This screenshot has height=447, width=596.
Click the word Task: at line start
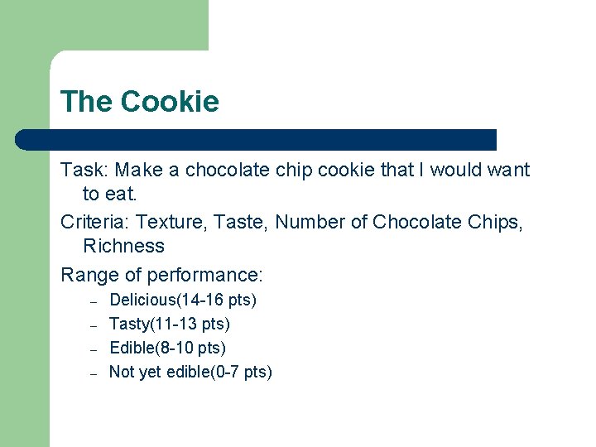[x=84, y=171]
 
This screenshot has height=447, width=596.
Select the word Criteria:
[x=95, y=222]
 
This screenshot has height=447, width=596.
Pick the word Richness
[x=123, y=246]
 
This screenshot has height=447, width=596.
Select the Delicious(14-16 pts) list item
[x=183, y=300]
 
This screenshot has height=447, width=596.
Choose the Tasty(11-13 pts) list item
[x=170, y=324]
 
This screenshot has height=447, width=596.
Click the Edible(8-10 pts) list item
[x=167, y=348]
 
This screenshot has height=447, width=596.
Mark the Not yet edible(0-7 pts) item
[x=190, y=372]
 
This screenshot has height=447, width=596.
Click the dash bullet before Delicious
[x=94, y=300]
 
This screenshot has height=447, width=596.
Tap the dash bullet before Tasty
[x=94, y=324]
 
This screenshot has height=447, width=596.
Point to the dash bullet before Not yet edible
[x=94, y=372]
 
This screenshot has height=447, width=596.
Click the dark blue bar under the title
[x=257, y=139]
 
